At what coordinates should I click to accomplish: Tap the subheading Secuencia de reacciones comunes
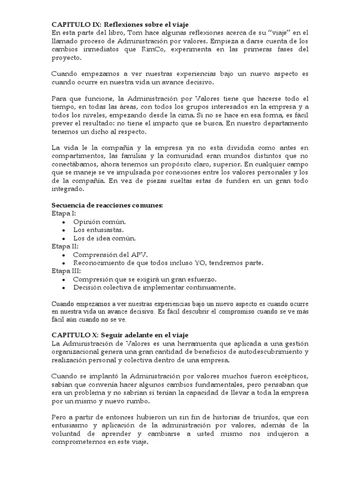(x=107, y=205)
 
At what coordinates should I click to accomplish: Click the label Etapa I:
(x=64, y=213)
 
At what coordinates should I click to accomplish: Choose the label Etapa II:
(x=65, y=246)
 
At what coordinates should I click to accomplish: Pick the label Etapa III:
(x=66, y=270)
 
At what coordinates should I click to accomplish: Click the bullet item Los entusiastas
(x=98, y=230)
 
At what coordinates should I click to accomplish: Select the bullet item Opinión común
(x=99, y=222)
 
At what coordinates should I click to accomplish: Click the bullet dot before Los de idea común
(x=64, y=238)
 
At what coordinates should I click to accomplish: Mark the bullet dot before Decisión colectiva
(x=64, y=287)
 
